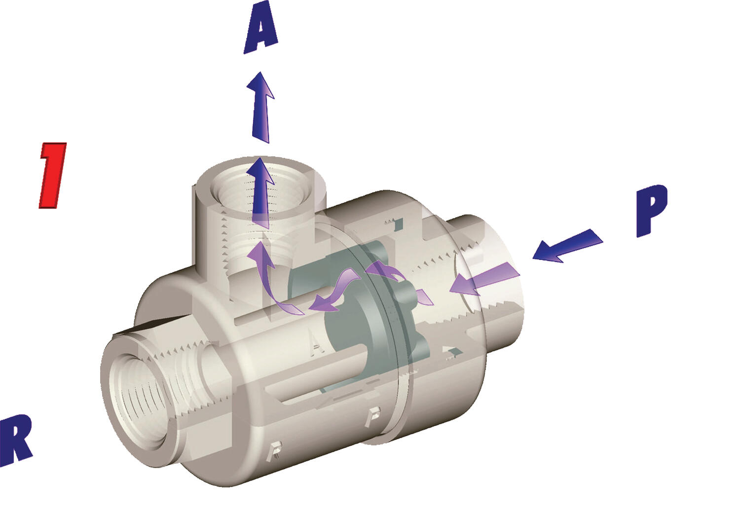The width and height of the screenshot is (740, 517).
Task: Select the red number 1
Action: point(52,175)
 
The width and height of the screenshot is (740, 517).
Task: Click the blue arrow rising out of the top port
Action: point(261,193)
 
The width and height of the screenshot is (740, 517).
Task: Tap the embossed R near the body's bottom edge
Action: point(275,450)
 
